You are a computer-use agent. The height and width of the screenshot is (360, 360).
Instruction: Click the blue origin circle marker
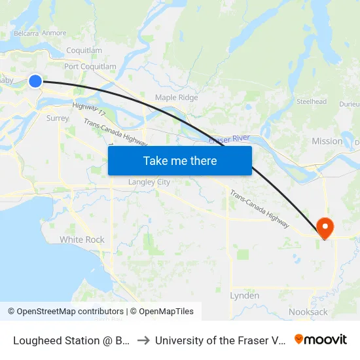35,81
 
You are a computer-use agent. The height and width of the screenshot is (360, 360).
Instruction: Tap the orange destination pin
325,227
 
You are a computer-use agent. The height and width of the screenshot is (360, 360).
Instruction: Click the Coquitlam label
84,50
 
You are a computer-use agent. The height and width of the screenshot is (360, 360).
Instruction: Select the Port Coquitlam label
90,67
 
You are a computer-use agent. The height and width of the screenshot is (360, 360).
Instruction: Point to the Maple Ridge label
176,98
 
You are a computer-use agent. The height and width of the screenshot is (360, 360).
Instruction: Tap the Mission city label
327,141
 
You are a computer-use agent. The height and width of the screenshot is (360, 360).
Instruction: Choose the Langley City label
149,182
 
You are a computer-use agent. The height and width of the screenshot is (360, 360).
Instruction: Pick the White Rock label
82,240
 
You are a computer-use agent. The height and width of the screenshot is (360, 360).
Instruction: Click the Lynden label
244,296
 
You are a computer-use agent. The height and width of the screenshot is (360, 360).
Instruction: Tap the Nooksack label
308,312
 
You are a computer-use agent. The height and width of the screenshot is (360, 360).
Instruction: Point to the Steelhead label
311,102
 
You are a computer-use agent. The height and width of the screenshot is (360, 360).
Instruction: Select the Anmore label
54,33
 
